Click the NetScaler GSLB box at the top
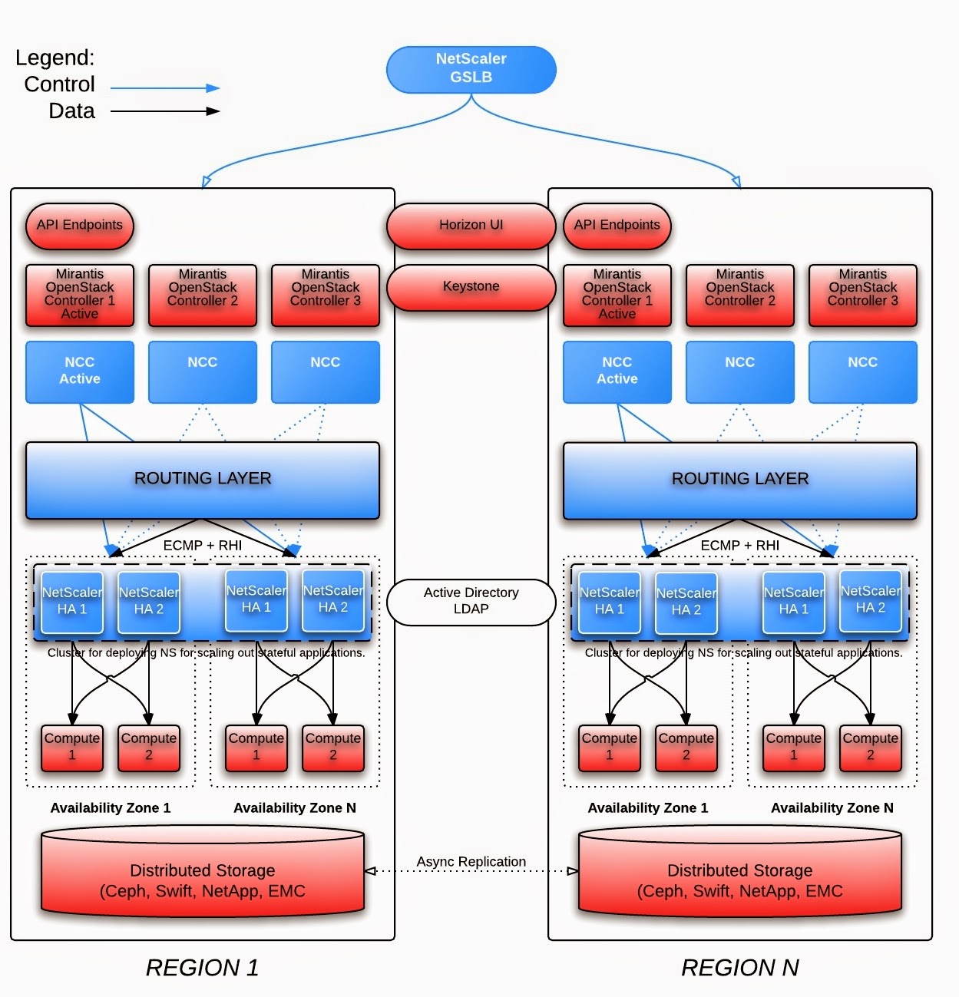(471, 69)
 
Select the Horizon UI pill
(471, 226)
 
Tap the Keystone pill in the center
(471, 287)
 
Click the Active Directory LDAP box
(471, 602)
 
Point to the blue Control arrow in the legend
(164, 88)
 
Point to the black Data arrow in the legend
(164, 111)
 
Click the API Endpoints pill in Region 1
(80, 226)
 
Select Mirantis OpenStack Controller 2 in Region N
(739, 295)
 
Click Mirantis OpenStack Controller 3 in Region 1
(326, 295)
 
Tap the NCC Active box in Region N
(617, 371)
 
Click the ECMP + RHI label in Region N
(739, 546)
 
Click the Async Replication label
(471, 862)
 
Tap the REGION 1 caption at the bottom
(203, 968)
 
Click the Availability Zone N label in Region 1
(295, 808)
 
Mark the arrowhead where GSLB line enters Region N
(736, 182)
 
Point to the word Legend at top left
(55, 58)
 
